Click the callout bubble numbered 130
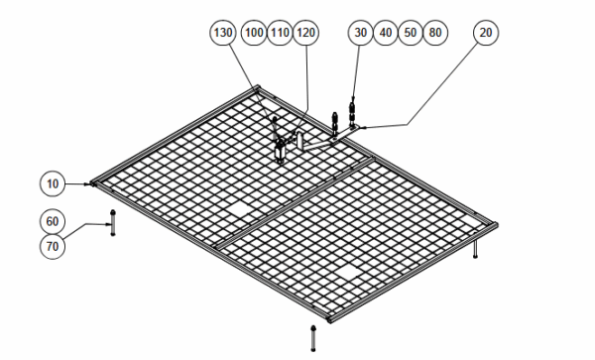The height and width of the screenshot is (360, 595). [223, 33]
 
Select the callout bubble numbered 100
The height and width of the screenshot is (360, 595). [254, 33]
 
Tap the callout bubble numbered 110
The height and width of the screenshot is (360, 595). [280, 33]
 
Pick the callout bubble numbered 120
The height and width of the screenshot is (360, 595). [305, 33]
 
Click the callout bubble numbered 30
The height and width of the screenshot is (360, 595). [361, 33]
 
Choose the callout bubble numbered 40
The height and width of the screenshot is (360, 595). [386, 33]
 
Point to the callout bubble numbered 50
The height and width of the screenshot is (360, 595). [411, 33]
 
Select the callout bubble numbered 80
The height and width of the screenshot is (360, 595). [435, 33]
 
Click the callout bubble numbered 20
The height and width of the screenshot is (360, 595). [486, 33]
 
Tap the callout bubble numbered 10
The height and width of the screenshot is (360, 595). [53, 184]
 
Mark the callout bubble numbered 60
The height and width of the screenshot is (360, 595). [53, 221]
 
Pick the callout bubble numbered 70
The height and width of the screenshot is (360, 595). [53, 247]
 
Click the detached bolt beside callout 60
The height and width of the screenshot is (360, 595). [113, 223]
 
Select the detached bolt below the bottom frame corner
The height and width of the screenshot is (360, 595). [313, 338]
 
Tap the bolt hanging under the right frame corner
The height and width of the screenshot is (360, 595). [475, 249]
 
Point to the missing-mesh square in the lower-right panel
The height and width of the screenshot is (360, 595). [349, 272]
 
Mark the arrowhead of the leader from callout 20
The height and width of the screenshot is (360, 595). [364, 128]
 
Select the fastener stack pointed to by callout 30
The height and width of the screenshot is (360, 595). [352, 113]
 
